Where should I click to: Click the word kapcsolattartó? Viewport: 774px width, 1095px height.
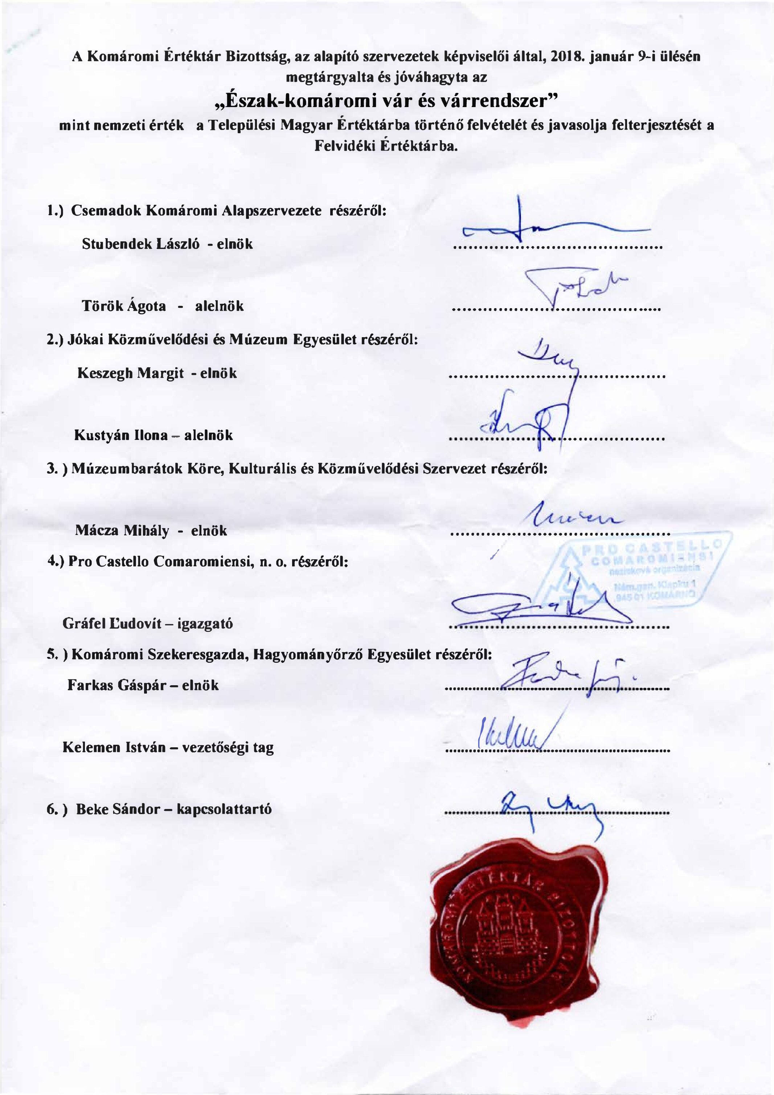[x=224, y=809]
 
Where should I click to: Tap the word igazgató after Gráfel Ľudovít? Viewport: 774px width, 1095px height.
[x=205, y=624]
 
